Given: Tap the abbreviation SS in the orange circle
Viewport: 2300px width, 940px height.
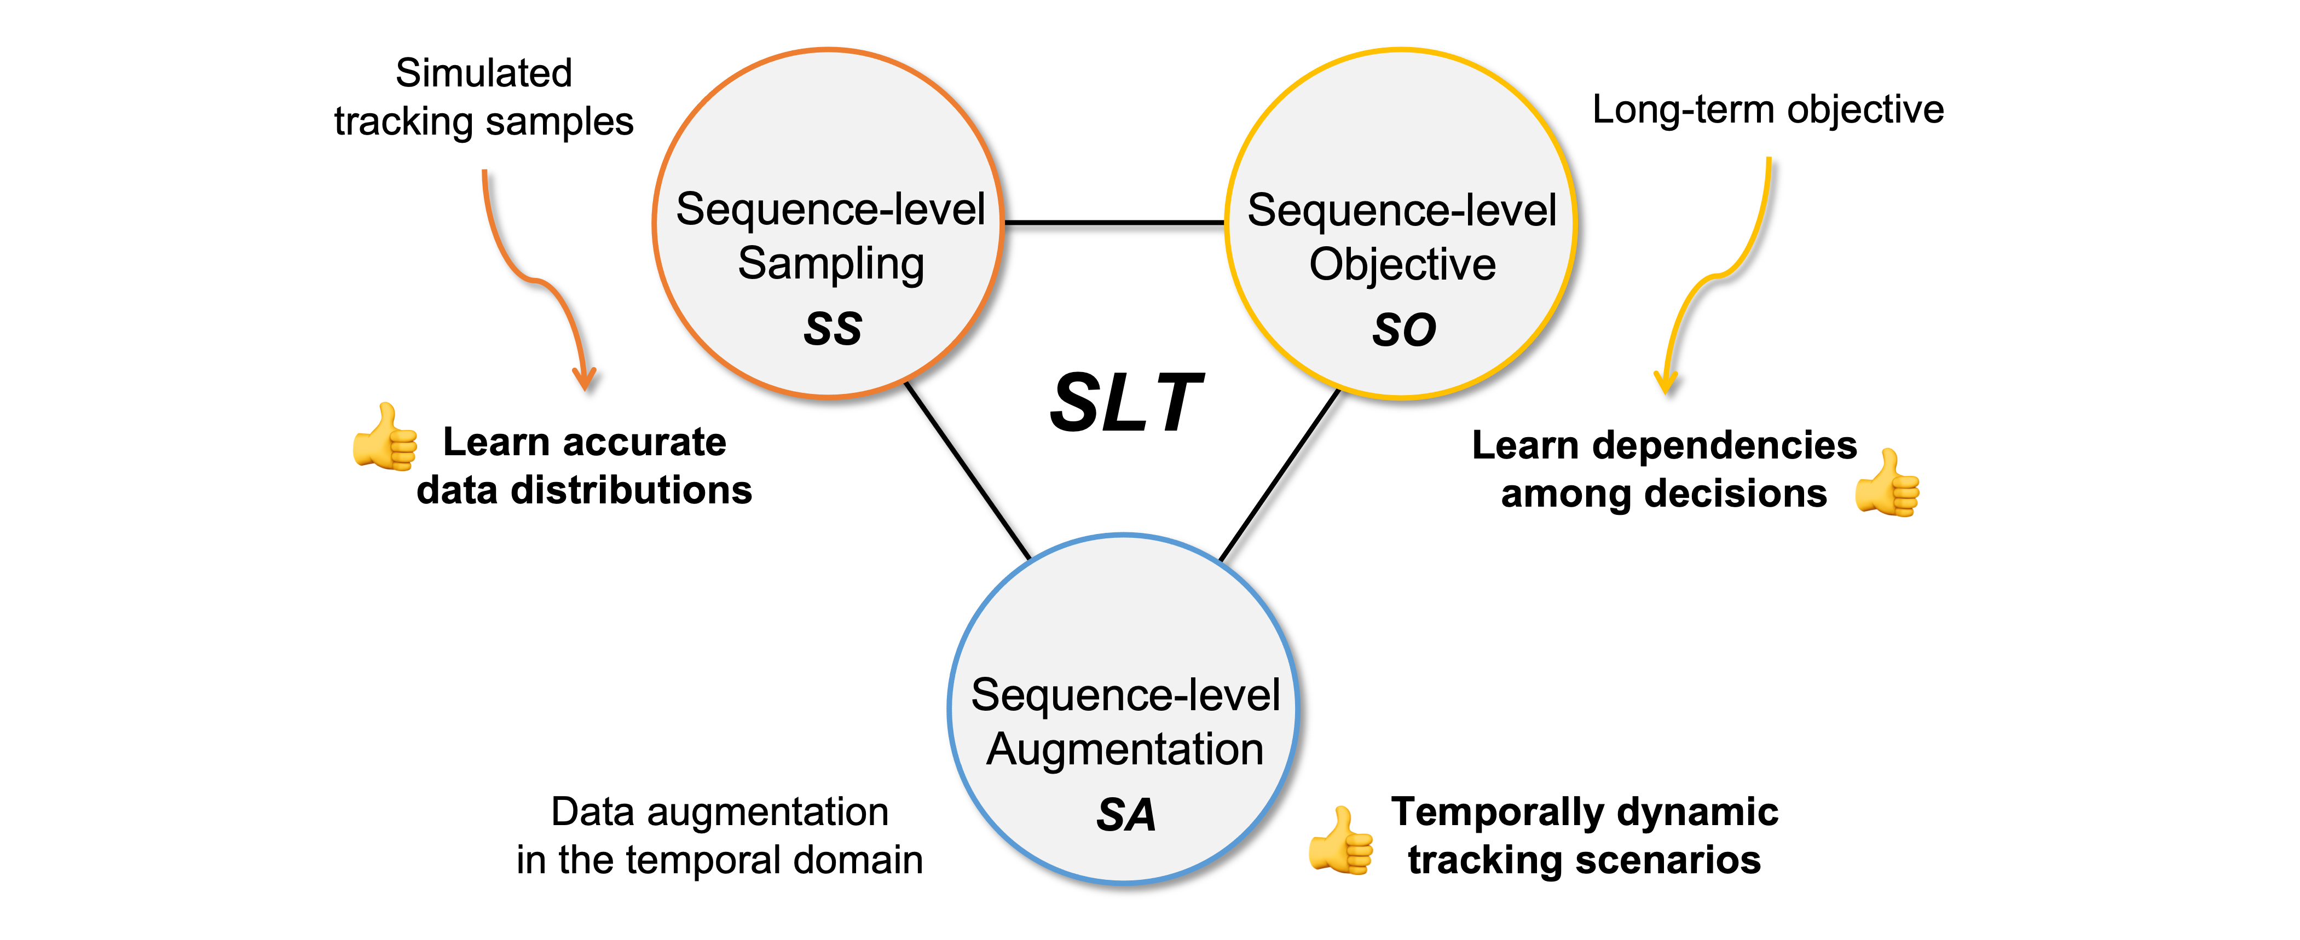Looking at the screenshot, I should [x=832, y=328].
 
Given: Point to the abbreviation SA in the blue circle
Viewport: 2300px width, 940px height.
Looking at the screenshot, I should [x=1126, y=815].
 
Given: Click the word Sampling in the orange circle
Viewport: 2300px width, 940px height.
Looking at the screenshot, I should [x=830, y=264].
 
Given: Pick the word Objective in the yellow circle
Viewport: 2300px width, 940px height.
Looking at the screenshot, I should [x=1402, y=265].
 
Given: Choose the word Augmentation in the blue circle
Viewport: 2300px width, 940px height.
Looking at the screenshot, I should [x=1125, y=750].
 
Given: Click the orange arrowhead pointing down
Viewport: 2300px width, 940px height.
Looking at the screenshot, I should [x=585, y=379].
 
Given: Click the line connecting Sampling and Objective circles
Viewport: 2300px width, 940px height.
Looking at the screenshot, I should [x=1114, y=222].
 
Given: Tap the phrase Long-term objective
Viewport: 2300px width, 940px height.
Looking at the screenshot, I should [x=1768, y=111].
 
